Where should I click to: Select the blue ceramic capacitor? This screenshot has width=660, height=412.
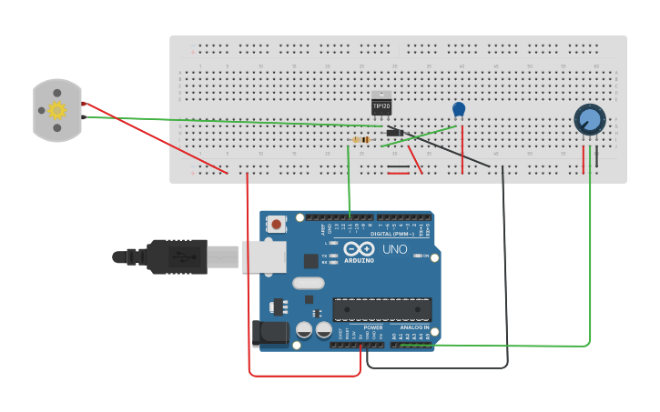coord(459,110)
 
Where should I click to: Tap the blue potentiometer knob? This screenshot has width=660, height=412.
coord(589,120)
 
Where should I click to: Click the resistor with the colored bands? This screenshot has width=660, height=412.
coord(361,139)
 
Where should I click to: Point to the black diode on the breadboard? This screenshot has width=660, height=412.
coord(395,133)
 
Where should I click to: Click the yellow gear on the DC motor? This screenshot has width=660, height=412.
coord(57,110)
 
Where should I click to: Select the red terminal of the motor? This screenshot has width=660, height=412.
coord(83,103)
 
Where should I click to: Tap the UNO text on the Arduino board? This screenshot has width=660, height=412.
coord(394,249)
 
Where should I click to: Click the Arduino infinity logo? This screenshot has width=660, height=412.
coord(359,249)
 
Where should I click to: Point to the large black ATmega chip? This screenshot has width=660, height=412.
coord(381,309)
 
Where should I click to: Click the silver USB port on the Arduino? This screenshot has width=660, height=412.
coord(264,256)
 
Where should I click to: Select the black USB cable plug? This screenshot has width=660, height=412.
coord(178,256)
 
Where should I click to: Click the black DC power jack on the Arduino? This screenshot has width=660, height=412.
coord(270,333)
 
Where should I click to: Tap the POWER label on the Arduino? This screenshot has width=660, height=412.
coord(373,327)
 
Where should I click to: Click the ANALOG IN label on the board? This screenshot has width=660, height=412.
coord(414,327)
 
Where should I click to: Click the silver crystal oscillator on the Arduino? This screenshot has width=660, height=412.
coord(308,282)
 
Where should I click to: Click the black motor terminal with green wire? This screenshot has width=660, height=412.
coord(83,116)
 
